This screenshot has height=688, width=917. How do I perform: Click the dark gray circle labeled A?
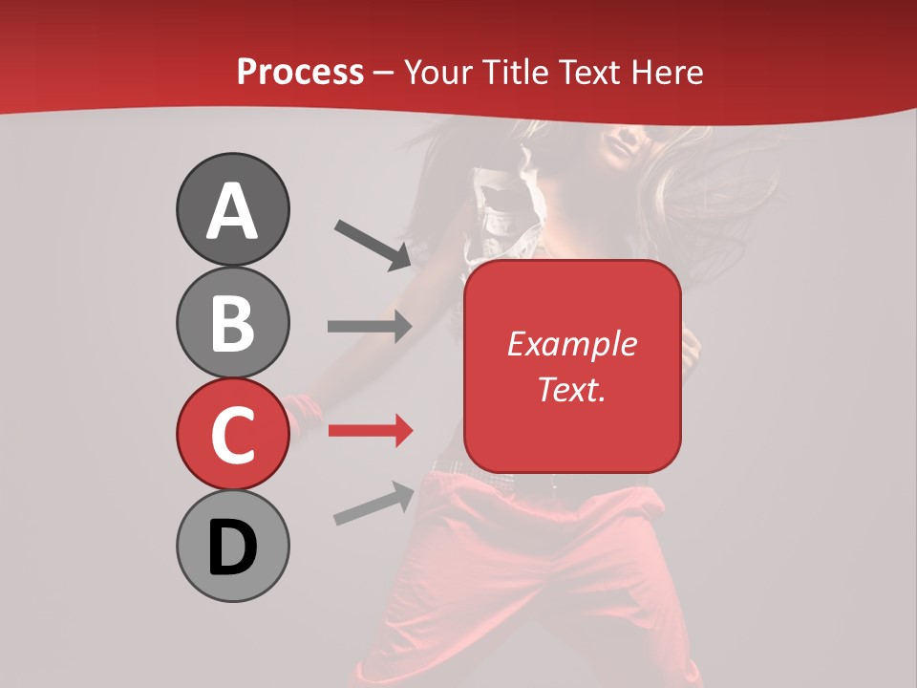tap(232, 209)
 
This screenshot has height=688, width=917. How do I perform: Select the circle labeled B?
tap(232, 322)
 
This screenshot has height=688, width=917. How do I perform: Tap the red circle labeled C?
tap(232, 434)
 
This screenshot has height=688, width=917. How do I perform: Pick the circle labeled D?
tap(232, 546)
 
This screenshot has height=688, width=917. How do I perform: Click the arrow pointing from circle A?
tap(373, 245)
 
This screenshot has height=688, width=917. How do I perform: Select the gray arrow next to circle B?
tap(370, 326)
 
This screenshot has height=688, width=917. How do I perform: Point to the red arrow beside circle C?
tap(370, 430)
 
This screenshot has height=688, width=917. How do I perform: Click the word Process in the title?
tap(300, 72)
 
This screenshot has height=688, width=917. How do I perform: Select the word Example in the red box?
tap(571, 344)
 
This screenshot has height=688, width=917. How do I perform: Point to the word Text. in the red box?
tap(571, 389)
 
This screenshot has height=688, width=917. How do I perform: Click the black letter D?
tap(232, 548)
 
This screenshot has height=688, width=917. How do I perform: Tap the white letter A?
tap(232, 211)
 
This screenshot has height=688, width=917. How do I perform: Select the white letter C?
tap(232, 435)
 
